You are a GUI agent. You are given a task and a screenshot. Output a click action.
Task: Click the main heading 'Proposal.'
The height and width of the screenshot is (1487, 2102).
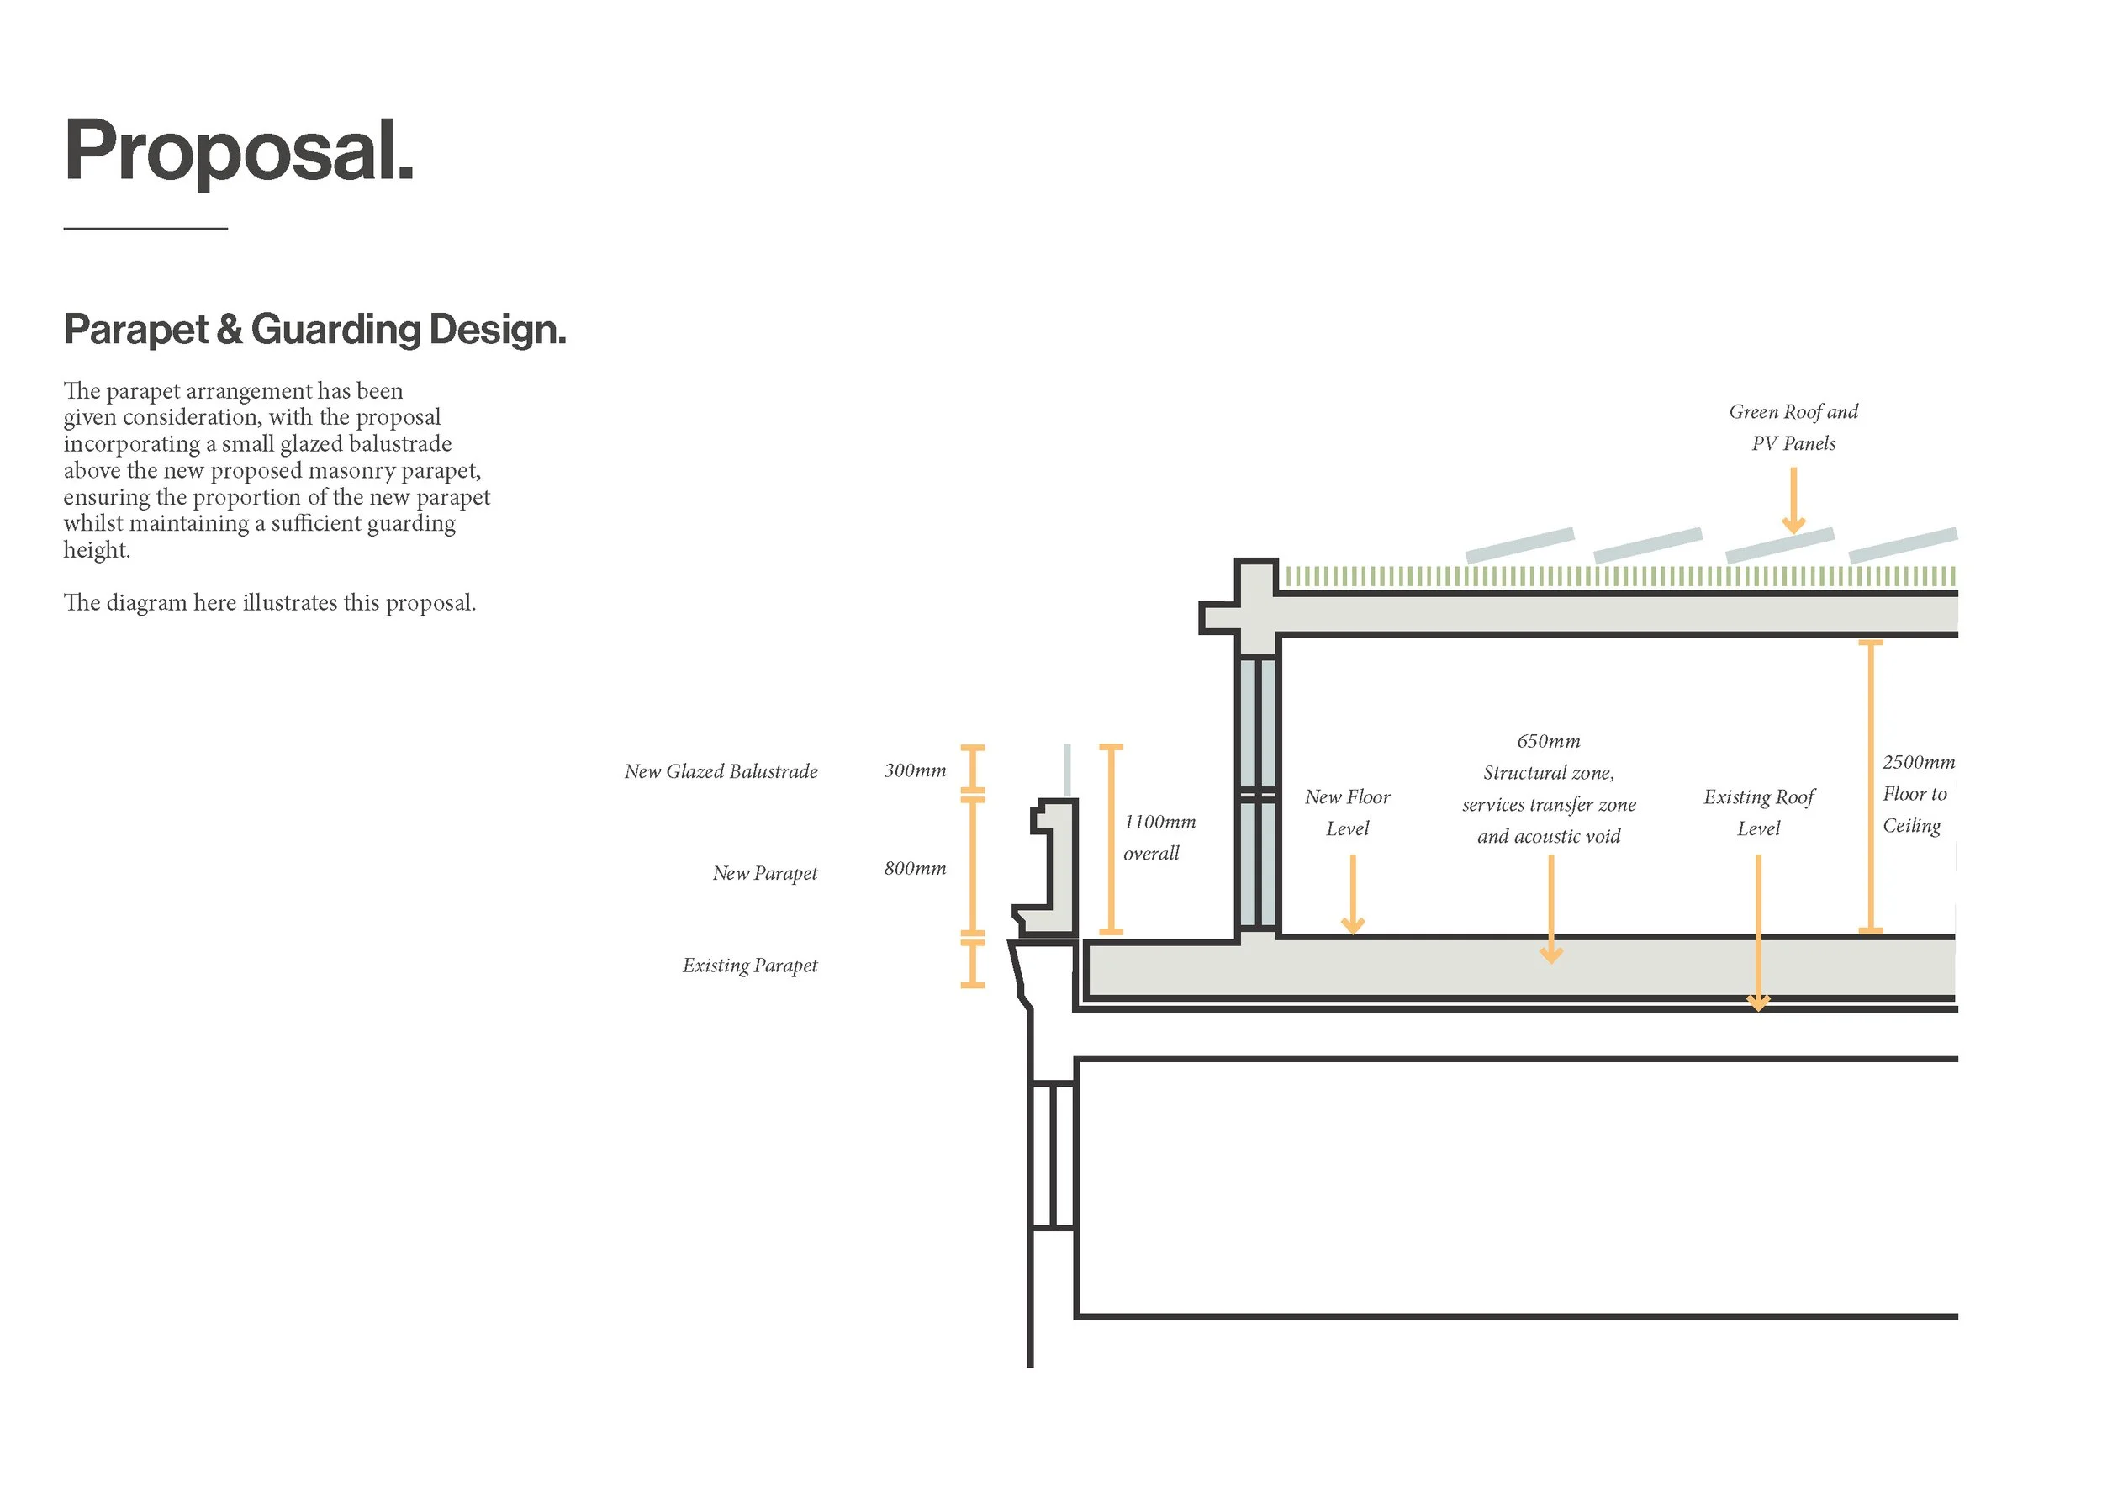tap(239, 152)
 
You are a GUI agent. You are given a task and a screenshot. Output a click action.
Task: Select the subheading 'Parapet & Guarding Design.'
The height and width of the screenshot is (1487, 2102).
tap(315, 330)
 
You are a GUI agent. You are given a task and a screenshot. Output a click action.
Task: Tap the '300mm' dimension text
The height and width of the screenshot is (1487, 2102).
tap(915, 771)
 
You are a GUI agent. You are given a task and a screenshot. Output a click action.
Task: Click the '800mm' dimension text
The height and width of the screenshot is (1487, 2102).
tap(915, 868)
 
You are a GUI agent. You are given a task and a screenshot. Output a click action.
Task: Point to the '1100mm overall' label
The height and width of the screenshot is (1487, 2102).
tap(1159, 837)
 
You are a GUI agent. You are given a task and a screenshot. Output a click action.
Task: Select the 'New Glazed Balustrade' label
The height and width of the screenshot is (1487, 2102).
tap(721, 772)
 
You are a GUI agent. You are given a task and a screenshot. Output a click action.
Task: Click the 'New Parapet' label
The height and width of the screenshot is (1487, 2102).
tap(764, 874)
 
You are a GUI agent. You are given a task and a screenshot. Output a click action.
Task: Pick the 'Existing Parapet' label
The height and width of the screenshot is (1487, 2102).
tap(750, 966)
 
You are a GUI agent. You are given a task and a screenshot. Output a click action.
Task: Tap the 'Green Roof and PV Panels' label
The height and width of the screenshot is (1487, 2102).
tap(1793, 427)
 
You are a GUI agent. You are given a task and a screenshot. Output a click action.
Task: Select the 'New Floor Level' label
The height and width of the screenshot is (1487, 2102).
tap(1348, 812)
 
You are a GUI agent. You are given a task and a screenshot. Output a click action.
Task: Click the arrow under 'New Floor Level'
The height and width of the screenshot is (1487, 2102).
tap(1353, 895)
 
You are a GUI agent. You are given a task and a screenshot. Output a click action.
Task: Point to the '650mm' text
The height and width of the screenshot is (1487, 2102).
tap(1548, 741)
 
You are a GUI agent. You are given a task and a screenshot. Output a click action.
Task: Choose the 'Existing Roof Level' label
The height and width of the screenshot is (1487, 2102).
tap(1759, 812)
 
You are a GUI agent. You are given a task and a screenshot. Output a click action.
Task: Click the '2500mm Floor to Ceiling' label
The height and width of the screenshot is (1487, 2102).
tap(1917, 794)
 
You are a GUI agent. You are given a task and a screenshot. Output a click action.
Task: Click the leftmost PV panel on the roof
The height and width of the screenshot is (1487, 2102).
tap(1519, 545)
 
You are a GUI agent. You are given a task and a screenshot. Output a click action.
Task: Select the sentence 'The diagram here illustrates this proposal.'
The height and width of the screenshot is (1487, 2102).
tap(270, 603)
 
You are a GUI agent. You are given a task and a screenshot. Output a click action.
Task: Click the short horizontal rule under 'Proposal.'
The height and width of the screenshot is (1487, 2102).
tap(145, 228)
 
